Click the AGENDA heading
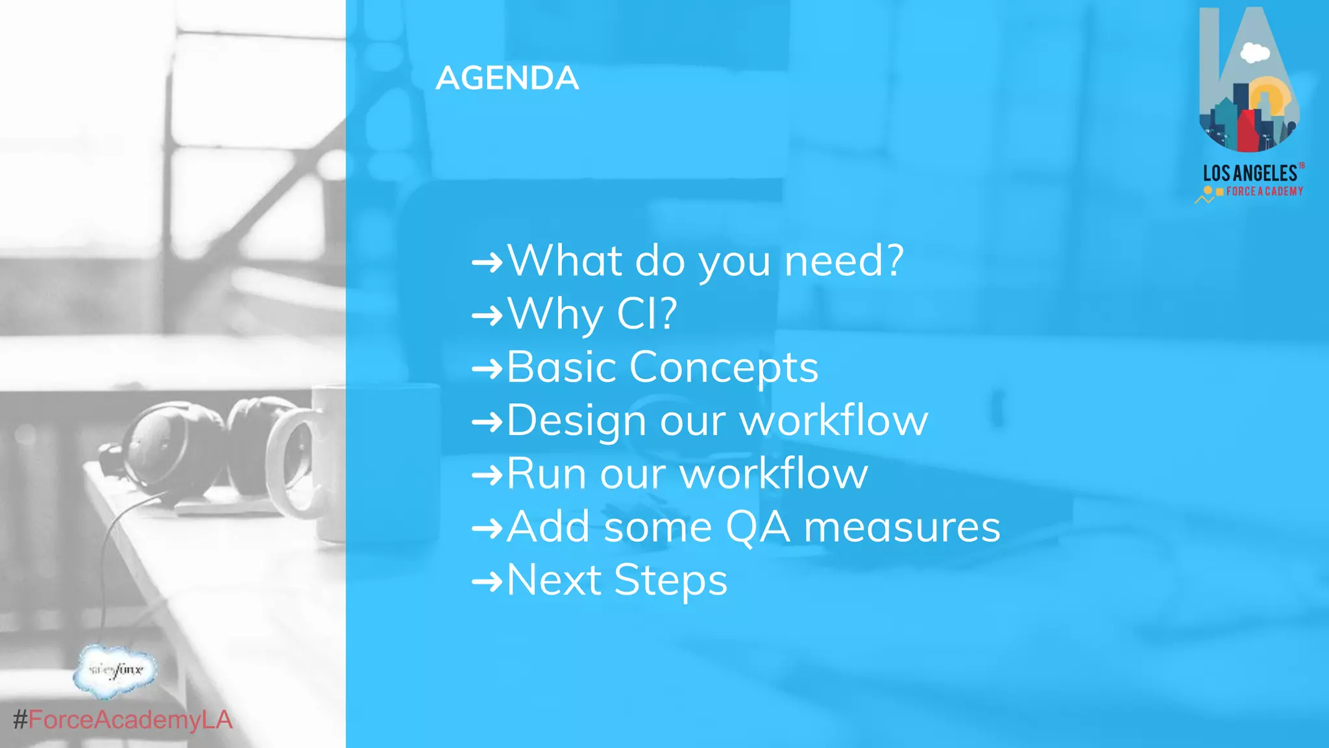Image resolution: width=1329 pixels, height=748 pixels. [x=507, y=79]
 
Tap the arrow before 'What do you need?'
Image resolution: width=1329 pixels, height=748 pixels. [x=487, y=262]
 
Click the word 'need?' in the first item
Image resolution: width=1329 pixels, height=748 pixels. [x=844, y=261]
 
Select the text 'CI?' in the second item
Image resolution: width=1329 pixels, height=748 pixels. [x=646, y=314]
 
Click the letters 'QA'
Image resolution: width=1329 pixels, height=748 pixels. [x=757, y=527]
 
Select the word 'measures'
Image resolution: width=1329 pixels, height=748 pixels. [x=902, y=527]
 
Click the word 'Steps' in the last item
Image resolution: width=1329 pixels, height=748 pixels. [x=670, y=580]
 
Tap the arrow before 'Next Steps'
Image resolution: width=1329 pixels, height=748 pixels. [x=487, y=581]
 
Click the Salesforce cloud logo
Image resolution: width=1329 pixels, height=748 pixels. [x=116, y=670]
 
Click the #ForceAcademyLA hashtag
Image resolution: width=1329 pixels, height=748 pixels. [x=123, y=720]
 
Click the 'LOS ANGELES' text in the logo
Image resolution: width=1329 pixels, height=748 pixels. [x=1250, y=173]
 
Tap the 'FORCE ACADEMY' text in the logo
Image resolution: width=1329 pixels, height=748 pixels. [x=1264, y=192]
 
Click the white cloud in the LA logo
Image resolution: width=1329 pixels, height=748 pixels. [x=1254, y=53]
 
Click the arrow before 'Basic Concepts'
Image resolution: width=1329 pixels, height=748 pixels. [x=487, y=369]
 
